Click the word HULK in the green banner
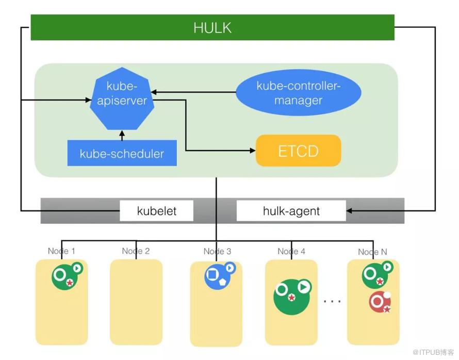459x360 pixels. pyautogui.click(x=212, y=28)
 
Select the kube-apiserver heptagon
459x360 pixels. pyautogui.click(x=122, y=99)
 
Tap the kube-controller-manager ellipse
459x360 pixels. pyautogui.click(x=298, y=92)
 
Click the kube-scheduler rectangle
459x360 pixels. pyautogui.click(x=122, y=153)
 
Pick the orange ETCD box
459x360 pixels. pyautogui.click(x=298, y=151)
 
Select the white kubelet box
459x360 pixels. pyautogui.click(x=157, y=211)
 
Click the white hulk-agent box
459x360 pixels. pyautogui.click(x=291, y=211)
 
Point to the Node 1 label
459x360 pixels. pyautogui.click(x=61, y=251)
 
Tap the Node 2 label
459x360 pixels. pyautogui.click(x=136, y=251)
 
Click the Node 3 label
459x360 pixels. pyautogui.click(x=217, y=251)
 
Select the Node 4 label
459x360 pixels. pyautogui.click(x=291, y=251)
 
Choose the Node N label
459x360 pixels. pyautogui.click(x=372, y=252)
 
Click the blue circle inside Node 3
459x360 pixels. pyautogui.click(x=217, y=276)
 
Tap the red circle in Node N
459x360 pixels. pyautogui.click(x=380, y=302)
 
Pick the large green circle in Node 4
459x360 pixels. pyautogui.click(x=291, y=297)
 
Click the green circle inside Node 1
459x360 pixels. pyautogui.click(x=64, y=276)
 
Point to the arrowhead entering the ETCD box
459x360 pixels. pyautogui.click(x=253, y=151)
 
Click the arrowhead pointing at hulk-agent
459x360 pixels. pyautogui.click(x=349, y=210)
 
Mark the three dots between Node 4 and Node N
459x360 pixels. pyautogui.click(x=332, y=301)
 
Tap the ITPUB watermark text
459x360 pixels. pyautogui.click(x=433, y=352)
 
